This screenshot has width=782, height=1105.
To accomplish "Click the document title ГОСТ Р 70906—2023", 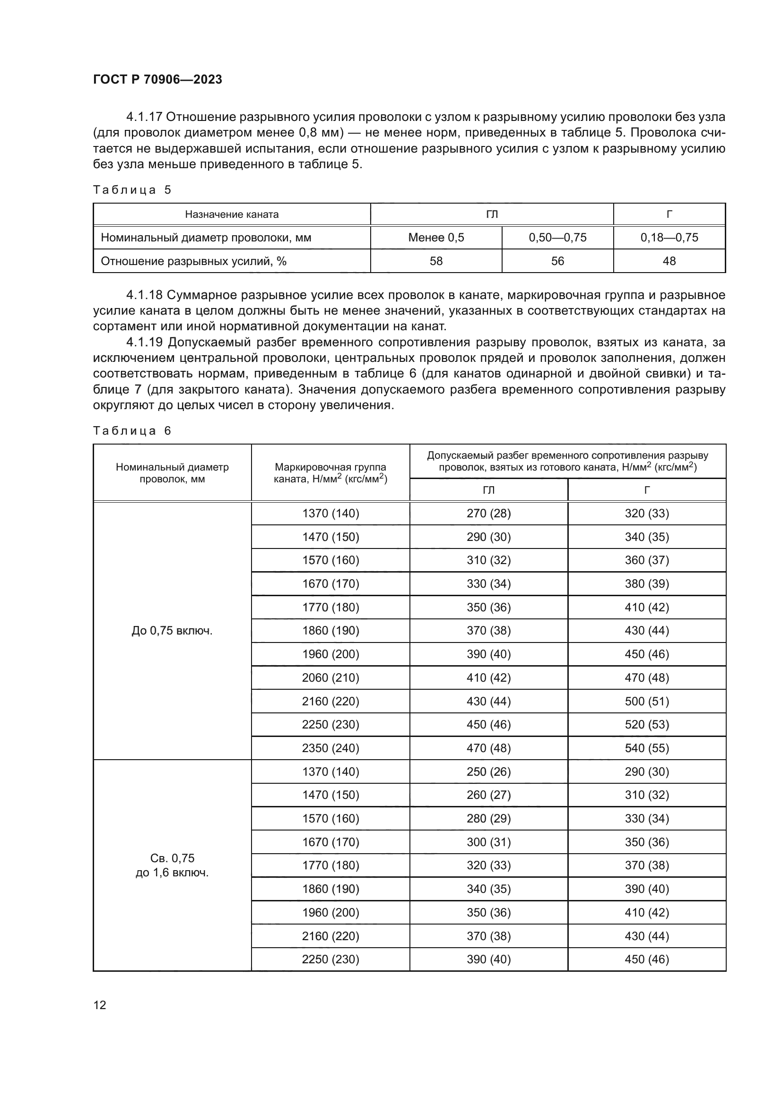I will tap(157, 79).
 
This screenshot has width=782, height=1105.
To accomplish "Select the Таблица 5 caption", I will tap(132, 189).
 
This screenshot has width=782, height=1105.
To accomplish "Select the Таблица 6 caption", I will tap(132, 431).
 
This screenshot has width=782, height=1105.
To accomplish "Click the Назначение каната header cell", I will tap(232, 214).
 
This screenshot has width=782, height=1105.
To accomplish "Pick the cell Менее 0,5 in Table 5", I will tap(436, 237).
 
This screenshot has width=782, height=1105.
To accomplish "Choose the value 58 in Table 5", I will tap(436, 261).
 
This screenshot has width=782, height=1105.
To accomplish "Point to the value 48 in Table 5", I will tap(669, 261).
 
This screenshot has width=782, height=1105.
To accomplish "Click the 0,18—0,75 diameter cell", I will tap(669, 237).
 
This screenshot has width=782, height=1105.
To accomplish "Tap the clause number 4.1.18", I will tap(144, 295).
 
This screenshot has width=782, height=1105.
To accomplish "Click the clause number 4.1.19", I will tap(144, 342).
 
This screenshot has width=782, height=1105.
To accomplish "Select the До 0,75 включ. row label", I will tap(172, 631).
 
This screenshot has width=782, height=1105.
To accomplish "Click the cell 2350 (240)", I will tap(330, 748).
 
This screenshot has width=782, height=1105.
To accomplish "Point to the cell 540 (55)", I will tap(647, 748).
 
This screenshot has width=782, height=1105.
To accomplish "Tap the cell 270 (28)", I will tap(488, 513).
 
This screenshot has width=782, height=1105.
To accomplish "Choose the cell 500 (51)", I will tap(647, 701).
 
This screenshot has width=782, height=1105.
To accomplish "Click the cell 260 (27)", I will tap(488, 795).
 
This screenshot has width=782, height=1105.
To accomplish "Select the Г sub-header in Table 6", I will tap(647, 490).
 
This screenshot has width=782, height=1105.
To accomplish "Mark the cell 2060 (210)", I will tap(330, 677).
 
